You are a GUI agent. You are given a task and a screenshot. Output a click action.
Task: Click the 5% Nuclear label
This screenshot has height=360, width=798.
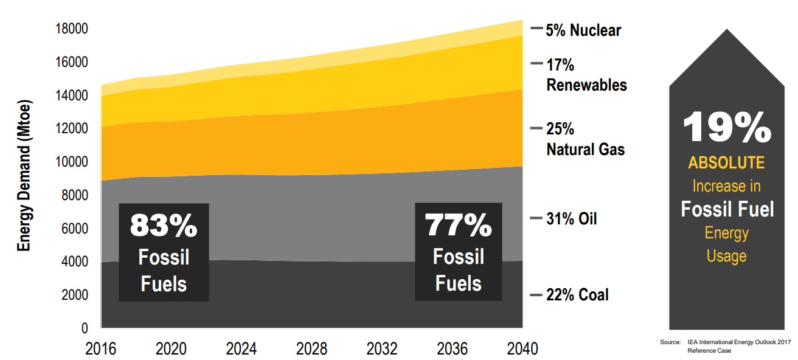point(583,30)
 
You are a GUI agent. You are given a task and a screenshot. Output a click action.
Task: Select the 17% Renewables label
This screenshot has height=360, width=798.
point(586,74)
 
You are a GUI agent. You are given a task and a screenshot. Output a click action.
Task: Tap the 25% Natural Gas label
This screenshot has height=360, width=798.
point(585,139)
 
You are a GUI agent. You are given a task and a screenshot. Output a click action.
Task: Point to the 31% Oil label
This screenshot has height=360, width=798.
point(571,219)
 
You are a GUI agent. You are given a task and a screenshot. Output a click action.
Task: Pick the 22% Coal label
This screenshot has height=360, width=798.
point(577,296)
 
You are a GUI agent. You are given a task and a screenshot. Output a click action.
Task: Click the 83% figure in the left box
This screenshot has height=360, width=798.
point(163,226)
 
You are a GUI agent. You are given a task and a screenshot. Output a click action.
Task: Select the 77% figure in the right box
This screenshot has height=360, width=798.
point(458,226)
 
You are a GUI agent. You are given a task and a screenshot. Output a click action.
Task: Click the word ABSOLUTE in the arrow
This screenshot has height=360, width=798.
point(726,163)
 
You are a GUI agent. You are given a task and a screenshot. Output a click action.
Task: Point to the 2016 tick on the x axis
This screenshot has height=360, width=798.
point(100,349)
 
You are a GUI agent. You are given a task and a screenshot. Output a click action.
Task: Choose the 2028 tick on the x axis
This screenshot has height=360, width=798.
point(311,349)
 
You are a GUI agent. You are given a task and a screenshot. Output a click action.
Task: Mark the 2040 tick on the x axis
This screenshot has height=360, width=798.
point(522,349)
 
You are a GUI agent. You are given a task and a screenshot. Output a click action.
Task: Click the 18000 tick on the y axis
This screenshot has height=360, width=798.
point(72,29)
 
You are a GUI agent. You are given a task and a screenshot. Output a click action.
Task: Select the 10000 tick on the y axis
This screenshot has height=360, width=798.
point(72,162)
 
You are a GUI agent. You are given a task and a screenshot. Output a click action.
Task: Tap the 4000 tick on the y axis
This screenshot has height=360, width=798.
point(75,262)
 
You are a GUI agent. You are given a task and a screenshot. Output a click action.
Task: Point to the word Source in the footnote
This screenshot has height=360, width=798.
point(670,343)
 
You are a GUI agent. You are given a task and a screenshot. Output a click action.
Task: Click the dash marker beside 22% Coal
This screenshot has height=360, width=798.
point(536,296)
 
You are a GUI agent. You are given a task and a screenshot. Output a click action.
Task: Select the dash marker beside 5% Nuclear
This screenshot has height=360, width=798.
point(536,29)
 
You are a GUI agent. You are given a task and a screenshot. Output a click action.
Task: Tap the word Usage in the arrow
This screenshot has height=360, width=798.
point(726,256)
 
